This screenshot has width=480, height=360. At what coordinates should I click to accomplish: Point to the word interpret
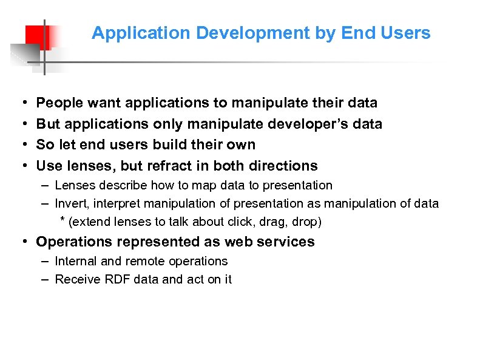pyautogui.click(x=118, y=204)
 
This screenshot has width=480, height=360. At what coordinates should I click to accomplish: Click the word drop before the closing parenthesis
pyautogui.click(x=303, y=222)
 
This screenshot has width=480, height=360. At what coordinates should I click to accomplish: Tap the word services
pyautogui.click(x=285, y=242)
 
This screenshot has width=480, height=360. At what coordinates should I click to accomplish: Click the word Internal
pyautogui.click(x=76, y=261)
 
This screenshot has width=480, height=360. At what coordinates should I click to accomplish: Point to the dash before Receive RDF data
pyautogui.click(x=46, y=279)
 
